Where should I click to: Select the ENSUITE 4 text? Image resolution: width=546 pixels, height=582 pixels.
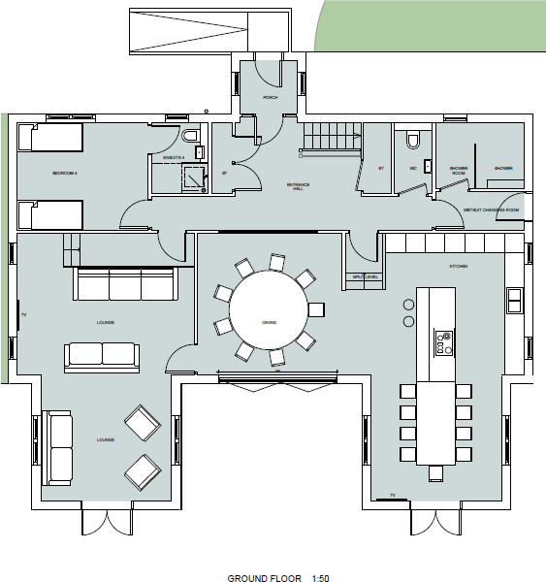174,156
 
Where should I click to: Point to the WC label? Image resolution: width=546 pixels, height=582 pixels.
412,168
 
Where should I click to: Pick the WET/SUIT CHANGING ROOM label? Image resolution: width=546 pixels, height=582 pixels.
491,210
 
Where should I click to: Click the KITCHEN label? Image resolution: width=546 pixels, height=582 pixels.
458,266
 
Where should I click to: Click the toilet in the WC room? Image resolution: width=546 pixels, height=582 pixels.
413,142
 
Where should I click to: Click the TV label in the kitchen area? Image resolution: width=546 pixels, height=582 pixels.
392,496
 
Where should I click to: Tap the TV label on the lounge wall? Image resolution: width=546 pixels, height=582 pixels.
23,316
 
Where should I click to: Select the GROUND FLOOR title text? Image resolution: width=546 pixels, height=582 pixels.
264,578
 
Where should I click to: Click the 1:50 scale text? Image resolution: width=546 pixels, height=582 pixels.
321,578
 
